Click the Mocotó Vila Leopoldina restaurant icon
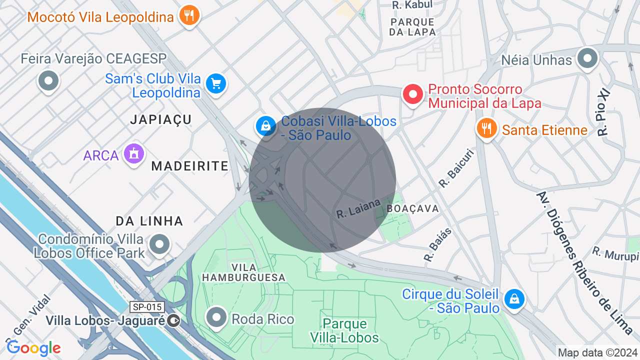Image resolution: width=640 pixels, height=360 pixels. (189, 15)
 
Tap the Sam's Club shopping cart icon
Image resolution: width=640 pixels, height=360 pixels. (216, 83)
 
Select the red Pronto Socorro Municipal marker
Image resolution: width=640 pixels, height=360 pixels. (413, 94)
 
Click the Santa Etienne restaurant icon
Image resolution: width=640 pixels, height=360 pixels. (486, 128)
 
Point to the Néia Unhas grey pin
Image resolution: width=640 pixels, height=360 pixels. (587, 58)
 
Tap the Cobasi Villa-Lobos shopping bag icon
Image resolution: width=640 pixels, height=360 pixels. (265, 125)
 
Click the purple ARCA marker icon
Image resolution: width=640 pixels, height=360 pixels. (133, 154)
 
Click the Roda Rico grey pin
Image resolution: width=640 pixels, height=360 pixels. (216, 317)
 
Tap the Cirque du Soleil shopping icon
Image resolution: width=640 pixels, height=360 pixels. (513, 299)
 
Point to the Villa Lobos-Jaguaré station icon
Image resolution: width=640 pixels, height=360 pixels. (174, 320)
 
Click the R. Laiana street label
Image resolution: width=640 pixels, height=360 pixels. (358, 207)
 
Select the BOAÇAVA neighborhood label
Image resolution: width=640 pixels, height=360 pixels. (412, 208)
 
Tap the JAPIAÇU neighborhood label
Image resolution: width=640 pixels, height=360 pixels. (161, 119)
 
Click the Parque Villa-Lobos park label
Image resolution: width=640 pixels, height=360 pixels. (344, 330)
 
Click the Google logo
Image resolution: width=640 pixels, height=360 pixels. (33, 348)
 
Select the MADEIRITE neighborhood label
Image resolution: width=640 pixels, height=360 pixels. (189, 166)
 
